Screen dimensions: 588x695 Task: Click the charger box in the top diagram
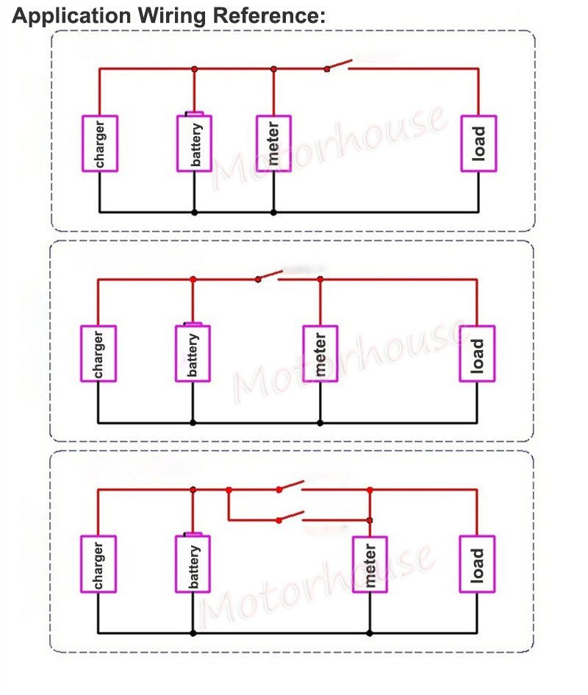click(x=100, y=143)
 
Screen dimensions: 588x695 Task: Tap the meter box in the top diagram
click(x=273, y=143)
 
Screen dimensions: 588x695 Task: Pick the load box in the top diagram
click(x=478, y=143)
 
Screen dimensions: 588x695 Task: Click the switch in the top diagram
click(x=338, y=65)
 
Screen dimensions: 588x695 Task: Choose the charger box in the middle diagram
click(x=98, y=354)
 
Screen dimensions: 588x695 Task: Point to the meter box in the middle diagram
click(x=320, y=354)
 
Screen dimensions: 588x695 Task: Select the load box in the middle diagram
click(x=477, y=354)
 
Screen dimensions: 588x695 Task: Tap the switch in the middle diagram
click(x=269, y=276)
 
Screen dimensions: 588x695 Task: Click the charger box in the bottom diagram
click(x=98, y=564)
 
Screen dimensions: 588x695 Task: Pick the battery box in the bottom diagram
click(x=193, y=563)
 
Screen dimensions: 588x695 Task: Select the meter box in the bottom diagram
click(x=370, y=564)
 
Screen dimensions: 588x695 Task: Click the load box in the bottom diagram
click(x=477, y=564)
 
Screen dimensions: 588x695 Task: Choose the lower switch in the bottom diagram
click(x=290, y=516)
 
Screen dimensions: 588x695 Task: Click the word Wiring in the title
click(x=173, y=16)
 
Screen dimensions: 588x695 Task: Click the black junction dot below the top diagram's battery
click(x=194, y=213)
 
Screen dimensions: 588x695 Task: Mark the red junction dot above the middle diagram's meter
click(x=320, y=279)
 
